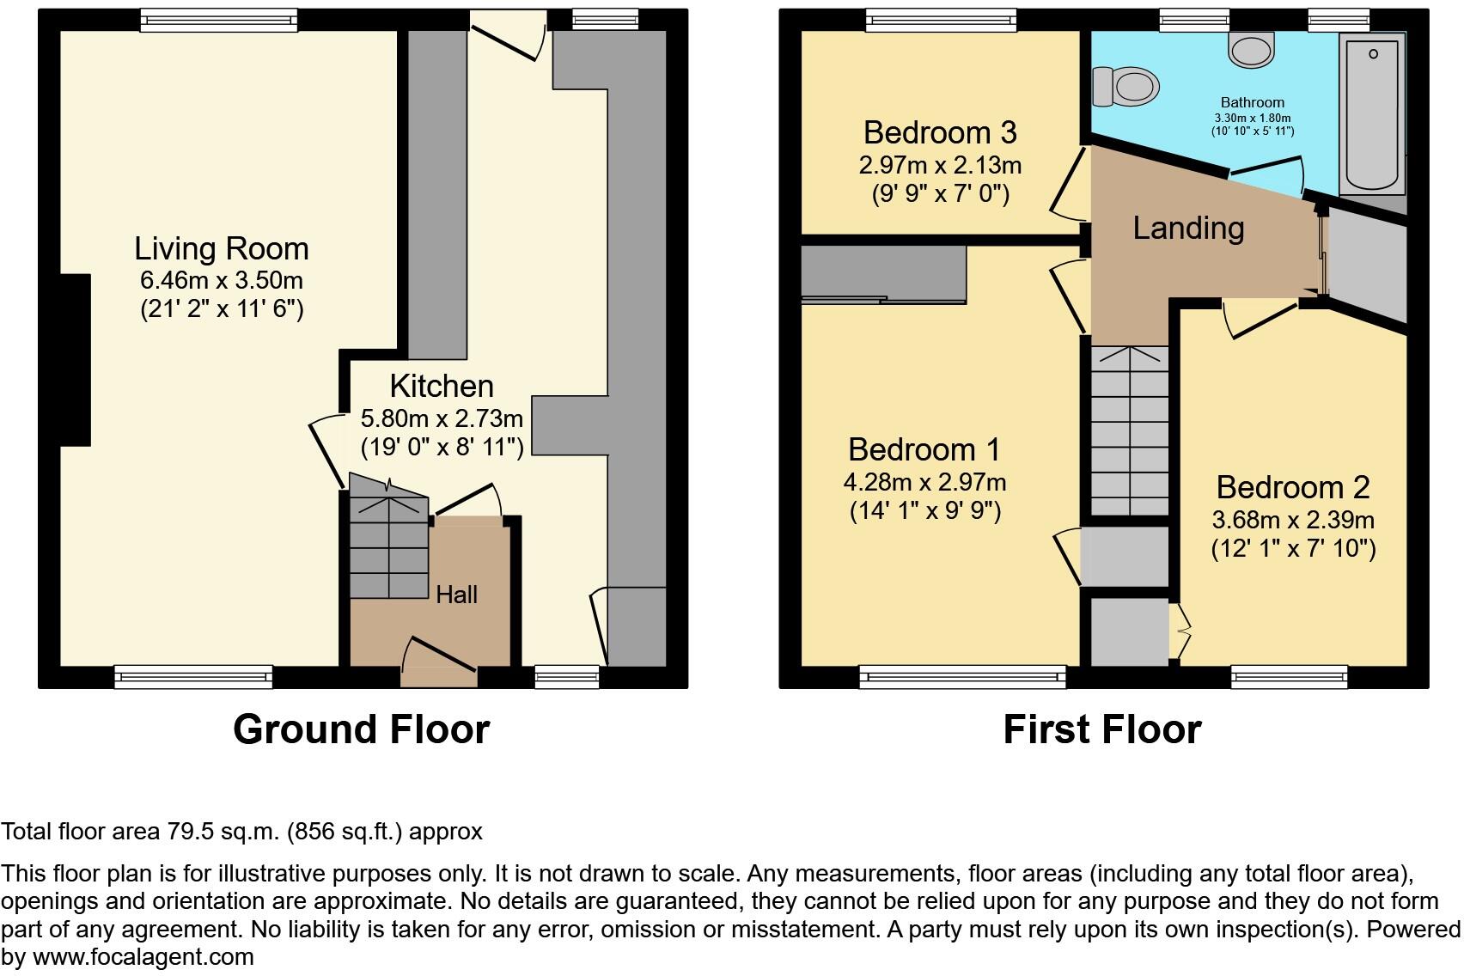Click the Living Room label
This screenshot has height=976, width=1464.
tap(221, 249)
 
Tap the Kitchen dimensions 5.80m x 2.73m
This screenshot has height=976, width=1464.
tap(442, 419)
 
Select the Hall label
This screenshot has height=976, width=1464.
tap(456, 595)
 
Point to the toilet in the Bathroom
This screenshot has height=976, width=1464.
tap(1126, 87)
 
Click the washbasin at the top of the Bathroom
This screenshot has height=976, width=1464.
tap(1252, 49)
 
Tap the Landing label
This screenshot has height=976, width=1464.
tap(1188, 228)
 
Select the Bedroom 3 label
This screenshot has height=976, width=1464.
tap(940, 133)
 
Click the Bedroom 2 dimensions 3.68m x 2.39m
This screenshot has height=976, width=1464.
tap(1292, 520)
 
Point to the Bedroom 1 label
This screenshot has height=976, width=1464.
tap(924, 450)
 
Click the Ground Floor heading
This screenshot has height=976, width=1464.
tap(361, 729)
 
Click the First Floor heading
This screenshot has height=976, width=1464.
tap(1101, 729)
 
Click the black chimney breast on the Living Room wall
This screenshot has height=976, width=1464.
tap(75, 359)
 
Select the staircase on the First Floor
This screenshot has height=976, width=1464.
tap(1129, 430)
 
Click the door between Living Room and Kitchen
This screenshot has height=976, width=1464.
tap(328, 451)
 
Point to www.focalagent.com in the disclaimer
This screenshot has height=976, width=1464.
tap(143, 957)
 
